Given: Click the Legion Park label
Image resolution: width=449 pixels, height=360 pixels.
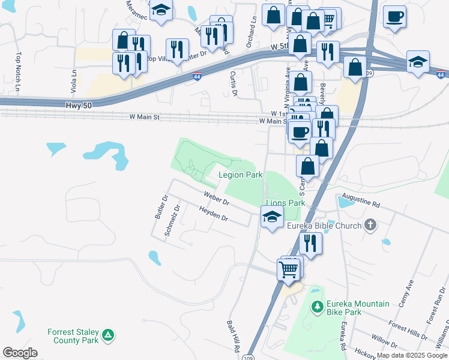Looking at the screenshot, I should point(240,175).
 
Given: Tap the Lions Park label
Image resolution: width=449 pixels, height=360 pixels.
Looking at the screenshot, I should point(286,203).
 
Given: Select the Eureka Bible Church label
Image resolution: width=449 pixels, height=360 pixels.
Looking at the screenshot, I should point(324,226).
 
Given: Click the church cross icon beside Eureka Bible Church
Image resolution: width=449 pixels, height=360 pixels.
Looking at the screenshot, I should point(370,225).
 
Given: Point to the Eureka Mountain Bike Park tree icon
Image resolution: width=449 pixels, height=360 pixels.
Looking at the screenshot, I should point(318,307).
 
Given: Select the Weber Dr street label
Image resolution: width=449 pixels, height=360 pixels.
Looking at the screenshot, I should point(216,198).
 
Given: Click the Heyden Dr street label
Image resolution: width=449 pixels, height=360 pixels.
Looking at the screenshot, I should point(214,214).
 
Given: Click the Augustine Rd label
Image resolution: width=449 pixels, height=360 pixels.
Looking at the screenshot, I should point(360,200).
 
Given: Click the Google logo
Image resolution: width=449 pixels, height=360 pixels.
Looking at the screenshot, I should point(20,353).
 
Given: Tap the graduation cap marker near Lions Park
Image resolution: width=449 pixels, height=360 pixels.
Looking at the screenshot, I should point(272,218).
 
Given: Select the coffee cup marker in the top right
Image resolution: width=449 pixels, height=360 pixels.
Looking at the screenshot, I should point(394,18).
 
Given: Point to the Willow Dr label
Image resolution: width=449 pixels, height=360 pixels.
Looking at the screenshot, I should point(384,343).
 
